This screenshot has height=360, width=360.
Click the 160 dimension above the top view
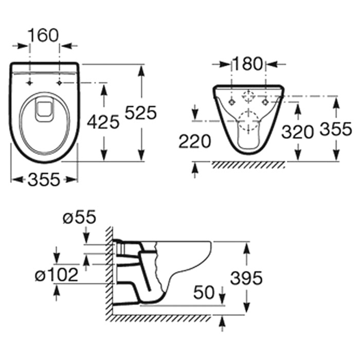click(43, 35)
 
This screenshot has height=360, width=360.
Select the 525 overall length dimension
click(140, 113)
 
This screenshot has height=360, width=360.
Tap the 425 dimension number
click(103, 122)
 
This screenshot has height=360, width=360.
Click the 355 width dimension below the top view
click(44, 179)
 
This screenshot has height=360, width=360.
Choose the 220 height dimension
click(194, 141)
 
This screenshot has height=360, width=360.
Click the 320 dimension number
click(298, 132)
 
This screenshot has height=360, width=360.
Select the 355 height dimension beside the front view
click(336, 129)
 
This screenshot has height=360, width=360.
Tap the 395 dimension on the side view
click(246, 278)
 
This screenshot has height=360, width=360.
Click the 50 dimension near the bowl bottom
click(204, 293)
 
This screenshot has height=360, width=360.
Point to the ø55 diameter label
click(79, 217)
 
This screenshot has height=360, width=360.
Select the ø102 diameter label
click(57, 275)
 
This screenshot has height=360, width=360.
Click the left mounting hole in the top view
click(29, 83)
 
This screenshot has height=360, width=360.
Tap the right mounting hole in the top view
click(60, 83)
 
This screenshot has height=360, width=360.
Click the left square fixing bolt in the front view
click(231, 102)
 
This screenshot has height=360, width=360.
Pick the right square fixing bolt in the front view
click(266, 102)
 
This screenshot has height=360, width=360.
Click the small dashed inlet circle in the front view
click(248, 96)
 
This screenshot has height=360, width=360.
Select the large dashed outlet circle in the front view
click(248, 121)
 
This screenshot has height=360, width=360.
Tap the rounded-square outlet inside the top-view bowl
click(44, 110)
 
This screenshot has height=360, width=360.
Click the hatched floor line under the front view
click(248, 165)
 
